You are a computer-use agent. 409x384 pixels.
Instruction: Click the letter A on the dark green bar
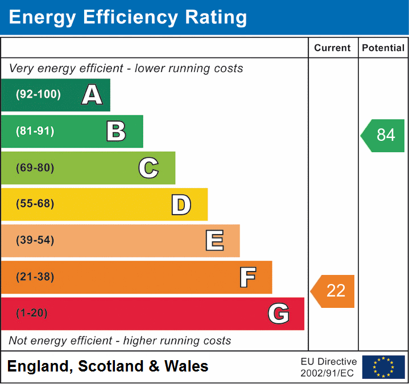(92, 95)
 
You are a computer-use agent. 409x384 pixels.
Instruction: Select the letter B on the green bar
(116, 131)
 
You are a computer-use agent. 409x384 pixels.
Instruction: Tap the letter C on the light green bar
(148, 168)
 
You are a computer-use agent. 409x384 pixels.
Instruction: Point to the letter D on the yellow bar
(181, 204)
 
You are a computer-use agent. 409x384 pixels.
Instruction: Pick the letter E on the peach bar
(214, 241)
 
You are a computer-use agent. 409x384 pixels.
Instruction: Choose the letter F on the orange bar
(247, 277)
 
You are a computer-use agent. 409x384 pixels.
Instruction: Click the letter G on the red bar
(279, 314)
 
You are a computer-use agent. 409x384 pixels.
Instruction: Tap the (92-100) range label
(38, 95)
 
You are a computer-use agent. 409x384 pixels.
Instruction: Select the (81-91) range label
(35, 131)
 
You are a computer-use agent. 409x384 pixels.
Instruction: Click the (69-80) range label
(35, 168)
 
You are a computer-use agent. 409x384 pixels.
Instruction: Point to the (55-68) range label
(35, 204)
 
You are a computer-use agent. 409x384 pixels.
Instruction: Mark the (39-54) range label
(35, 240)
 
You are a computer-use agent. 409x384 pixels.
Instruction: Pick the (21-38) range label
(35, 277)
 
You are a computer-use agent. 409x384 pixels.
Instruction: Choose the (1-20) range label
(32, 314)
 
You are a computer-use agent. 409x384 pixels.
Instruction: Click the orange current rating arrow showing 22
(333, 291)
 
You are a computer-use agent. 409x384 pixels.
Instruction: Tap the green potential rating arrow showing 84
(383, 135)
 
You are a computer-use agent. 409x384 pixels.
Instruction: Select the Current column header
(333, 48)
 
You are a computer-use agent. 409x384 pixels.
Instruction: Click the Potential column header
(383, 48)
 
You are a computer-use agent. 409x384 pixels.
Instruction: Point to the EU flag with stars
(383, 367)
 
